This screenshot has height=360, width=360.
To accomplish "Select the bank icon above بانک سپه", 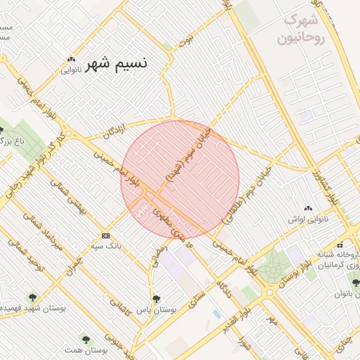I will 105,235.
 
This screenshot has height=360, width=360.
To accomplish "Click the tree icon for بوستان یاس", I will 156,298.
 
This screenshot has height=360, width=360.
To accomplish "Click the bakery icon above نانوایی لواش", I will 308,209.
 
